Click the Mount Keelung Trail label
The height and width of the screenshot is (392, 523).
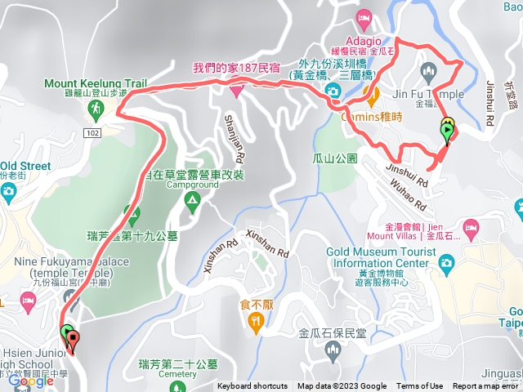(x=95, y=83)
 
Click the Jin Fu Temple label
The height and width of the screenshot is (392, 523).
(x=435, y=94)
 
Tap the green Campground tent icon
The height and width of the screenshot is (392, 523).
(x=192, y=200)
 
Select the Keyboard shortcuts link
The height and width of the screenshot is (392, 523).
(x=252, y=386)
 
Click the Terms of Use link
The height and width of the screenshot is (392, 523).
(x=419, y=386)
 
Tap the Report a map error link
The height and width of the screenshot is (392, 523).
(x=485, y=386)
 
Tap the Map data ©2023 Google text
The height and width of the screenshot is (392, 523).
(x=342, y=386)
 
